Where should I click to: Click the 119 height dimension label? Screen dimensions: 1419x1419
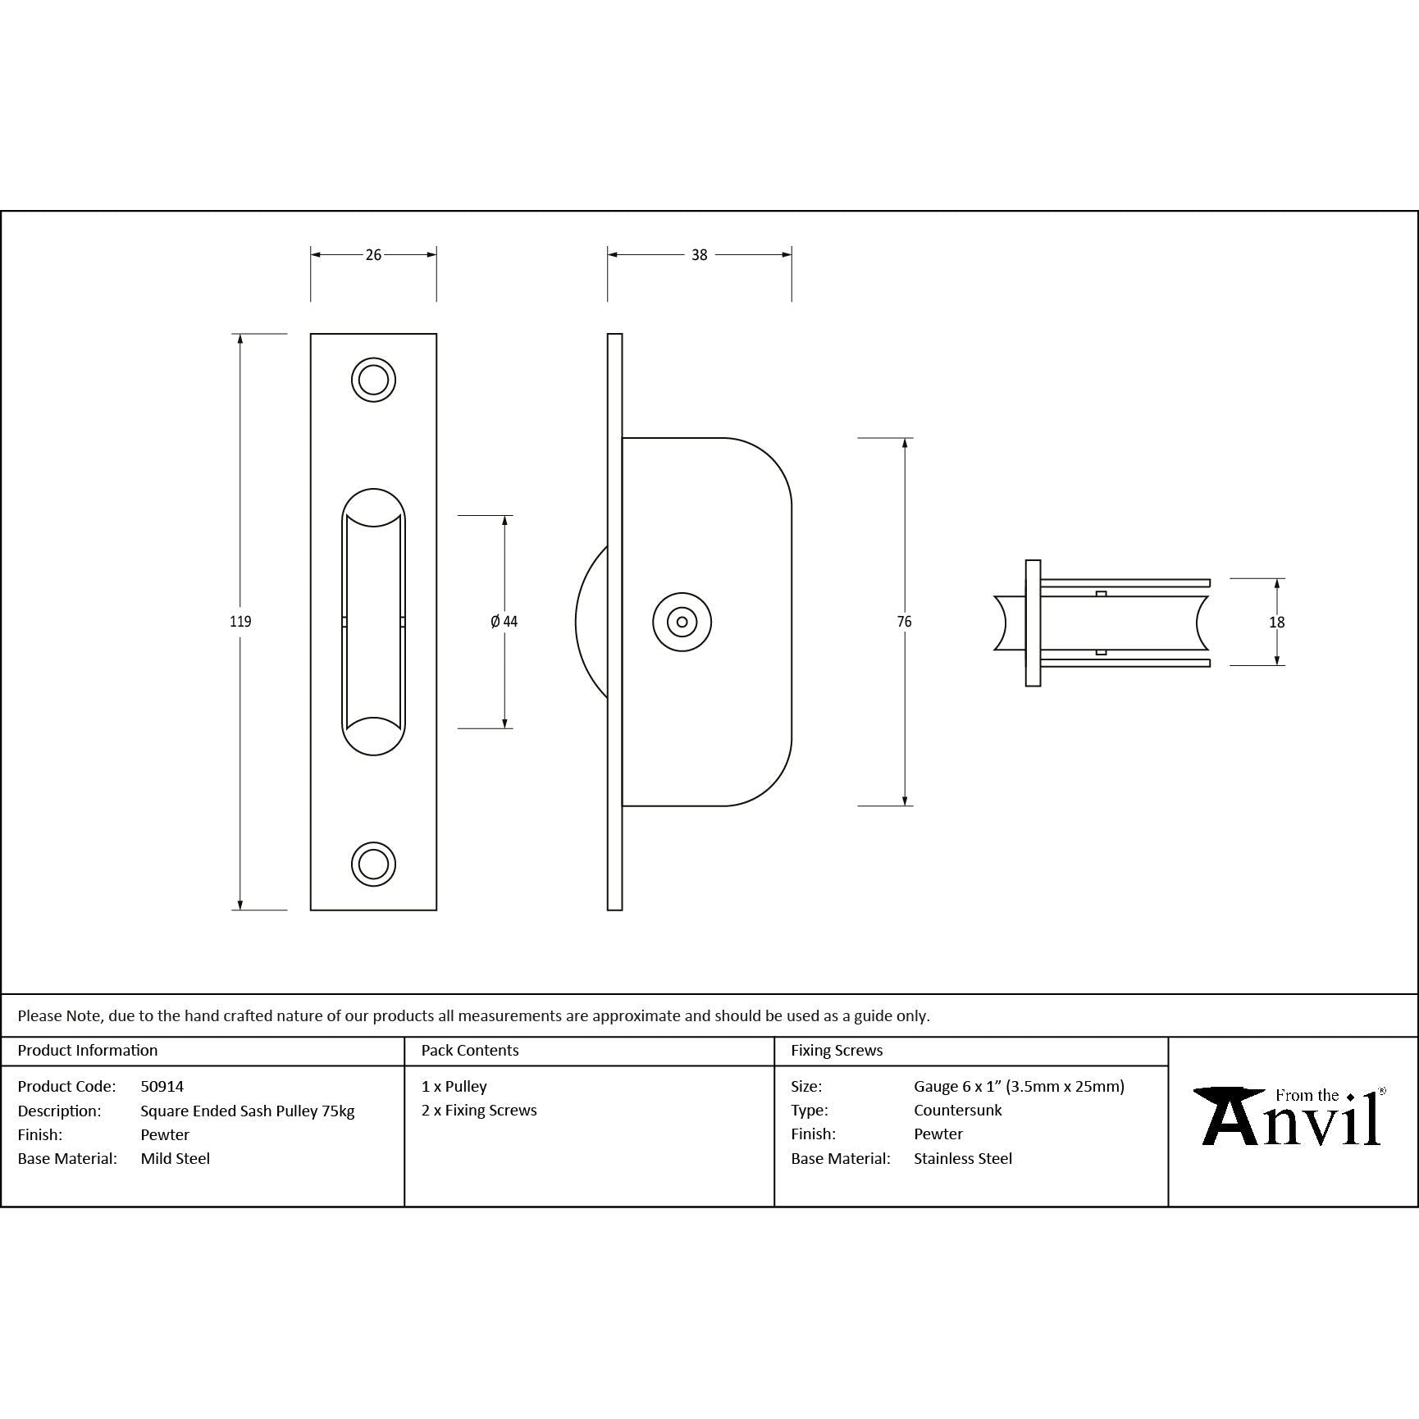(240, 622)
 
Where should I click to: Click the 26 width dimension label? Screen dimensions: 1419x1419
(373, 255)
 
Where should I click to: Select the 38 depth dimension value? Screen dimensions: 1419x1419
(699, 255)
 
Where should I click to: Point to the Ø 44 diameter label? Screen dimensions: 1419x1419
(504, 622)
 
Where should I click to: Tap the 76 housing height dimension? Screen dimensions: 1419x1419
(904, 622)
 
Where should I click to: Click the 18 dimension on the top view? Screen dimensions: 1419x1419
(1276, 623)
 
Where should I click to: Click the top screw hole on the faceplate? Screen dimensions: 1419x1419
(373, 380)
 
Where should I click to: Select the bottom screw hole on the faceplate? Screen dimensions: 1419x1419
(373, 864)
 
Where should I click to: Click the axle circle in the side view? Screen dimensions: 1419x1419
(682, 622)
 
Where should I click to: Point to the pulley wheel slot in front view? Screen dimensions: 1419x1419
(373, 622)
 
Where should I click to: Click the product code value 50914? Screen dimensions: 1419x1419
(162, 1086)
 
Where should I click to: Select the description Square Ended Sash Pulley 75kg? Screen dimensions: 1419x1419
(248, 1111)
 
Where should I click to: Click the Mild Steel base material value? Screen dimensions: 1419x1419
(176, 1158)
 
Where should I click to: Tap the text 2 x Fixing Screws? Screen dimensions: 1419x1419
(479, 1110)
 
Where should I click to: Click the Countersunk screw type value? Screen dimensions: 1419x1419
(957, 1110)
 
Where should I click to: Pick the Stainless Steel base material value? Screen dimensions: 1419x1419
(963, 1158)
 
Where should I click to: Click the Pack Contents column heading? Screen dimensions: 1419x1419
(470, 1050)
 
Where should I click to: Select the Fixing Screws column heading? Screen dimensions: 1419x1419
(837, 1050)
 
